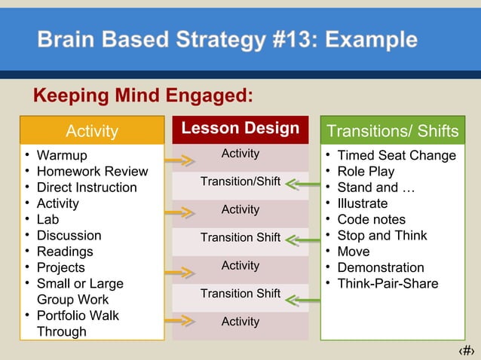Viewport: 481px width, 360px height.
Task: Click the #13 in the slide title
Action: click(x=296, y=39)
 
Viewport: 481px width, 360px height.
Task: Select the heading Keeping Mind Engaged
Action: click(x=142, y=96)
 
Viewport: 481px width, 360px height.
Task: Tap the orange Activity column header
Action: click(x=92, y=131)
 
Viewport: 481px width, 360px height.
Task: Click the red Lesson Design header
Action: click(x=240, y=129)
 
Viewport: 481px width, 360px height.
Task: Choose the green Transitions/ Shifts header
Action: click(x=392, y=131)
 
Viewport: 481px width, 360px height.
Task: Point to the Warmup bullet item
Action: click(x=62, y=156)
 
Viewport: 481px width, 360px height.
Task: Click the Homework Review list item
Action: click(x=92, y=172)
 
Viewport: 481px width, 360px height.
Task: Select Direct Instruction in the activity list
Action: click(x=87, y=188)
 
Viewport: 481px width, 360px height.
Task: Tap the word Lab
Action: click(x=47, y=220)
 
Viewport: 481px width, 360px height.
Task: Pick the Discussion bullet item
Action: click(x=69, y=236)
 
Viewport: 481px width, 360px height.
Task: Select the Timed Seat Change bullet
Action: click(x=396, y=156)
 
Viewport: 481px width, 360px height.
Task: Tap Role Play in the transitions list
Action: click(x=366, y=172)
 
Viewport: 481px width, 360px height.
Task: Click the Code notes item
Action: click(x=371, y=220)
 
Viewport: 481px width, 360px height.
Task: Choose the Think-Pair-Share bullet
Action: click(x=388, y=284)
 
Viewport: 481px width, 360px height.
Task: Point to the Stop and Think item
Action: click(x=381, y=236)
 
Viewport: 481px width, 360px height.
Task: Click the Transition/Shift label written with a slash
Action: click(x=240, y=182)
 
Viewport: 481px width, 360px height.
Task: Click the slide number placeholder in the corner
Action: click(x=467, y=350)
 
